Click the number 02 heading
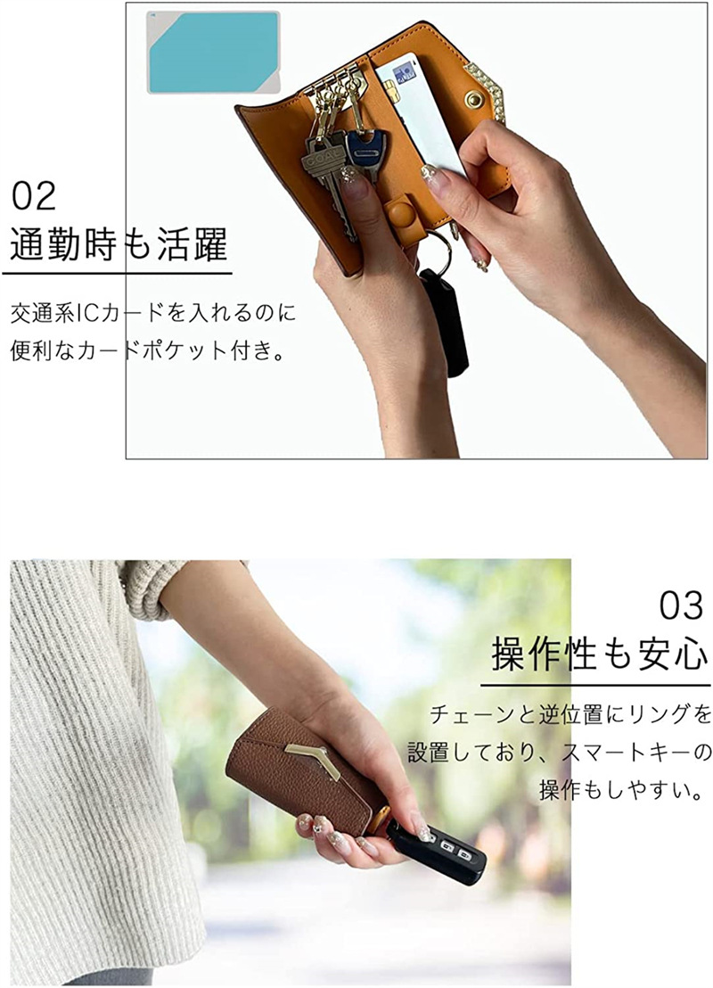click(34, 196)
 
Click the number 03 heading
click(681, 605)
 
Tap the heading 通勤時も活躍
click(119, 244)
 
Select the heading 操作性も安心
click(600, 654)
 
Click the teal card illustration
click(214, 53)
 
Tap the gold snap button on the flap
click(473, 100)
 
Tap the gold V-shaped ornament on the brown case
click(313, 758)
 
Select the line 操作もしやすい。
click(621, 789)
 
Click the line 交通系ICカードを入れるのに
click(153, 313)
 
